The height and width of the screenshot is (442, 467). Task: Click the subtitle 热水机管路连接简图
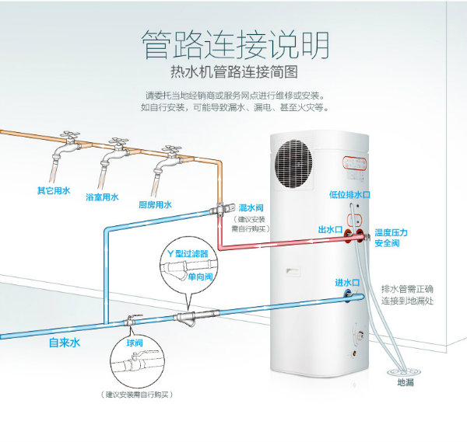(234, 74)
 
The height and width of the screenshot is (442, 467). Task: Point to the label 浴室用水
(102, 198)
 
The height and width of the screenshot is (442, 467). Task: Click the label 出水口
(331, 231)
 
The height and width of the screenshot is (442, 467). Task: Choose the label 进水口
(347, 282)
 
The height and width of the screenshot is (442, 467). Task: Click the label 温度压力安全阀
(391, 238)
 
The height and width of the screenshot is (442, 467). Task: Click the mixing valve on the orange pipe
(222, 207)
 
